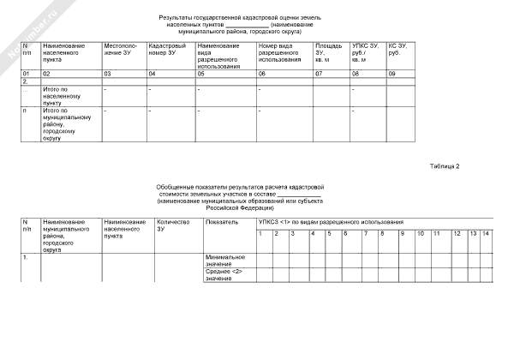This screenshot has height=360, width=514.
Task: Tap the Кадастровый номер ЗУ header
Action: coord(164,48)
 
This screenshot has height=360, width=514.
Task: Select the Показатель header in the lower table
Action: coord(218,222)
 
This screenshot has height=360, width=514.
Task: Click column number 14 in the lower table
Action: coord(486,233)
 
